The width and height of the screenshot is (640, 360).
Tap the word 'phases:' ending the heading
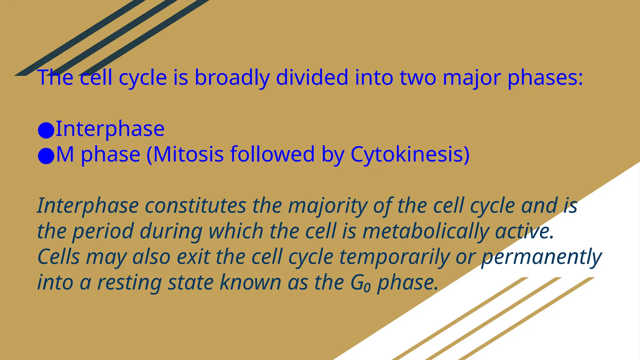[x=545, y=77]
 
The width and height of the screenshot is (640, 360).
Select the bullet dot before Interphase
[x=46, y=130]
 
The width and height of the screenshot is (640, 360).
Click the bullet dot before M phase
[x=46, y=156]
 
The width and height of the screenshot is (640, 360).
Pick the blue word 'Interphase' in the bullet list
[x=110, y=129]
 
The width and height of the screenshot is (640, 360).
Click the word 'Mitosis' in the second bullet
[x=188, y=154]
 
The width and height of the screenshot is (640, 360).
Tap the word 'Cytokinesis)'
[x=410, y=154]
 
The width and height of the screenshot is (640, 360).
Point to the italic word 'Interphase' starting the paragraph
[x=88, y=206]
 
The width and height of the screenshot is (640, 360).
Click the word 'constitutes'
[x=196, y=206]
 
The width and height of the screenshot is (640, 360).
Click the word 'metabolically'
[x=426, y=231]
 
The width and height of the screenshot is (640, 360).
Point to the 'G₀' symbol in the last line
[x=360, y=282]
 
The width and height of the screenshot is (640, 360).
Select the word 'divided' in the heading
[x=312, y=77]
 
